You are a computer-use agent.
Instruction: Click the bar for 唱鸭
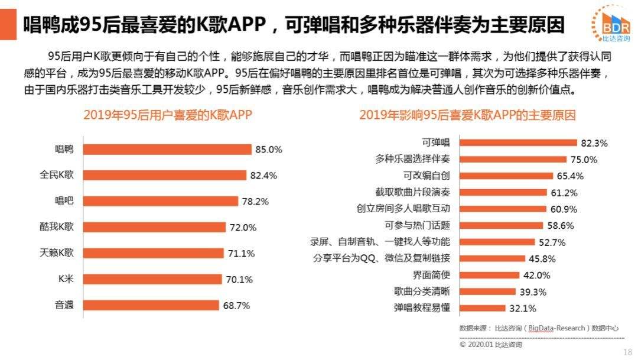tap(167, 150)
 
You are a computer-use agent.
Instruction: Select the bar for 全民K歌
tap(164, 175)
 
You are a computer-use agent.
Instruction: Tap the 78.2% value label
tap(255, 202)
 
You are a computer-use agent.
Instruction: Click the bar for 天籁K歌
tap(153, 253)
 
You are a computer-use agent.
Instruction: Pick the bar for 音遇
tap(151, 305)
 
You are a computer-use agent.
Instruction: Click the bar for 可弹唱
tap(518, 142)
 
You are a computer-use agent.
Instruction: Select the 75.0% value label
tap(584, 160)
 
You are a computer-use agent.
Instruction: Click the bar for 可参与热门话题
tap(501, 225)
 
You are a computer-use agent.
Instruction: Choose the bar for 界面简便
tap(489, 275)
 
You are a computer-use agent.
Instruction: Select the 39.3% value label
tap(532, 292)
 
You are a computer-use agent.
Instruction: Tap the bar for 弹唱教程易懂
tap(483, 308)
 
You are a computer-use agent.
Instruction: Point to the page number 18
tap(627, 352)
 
